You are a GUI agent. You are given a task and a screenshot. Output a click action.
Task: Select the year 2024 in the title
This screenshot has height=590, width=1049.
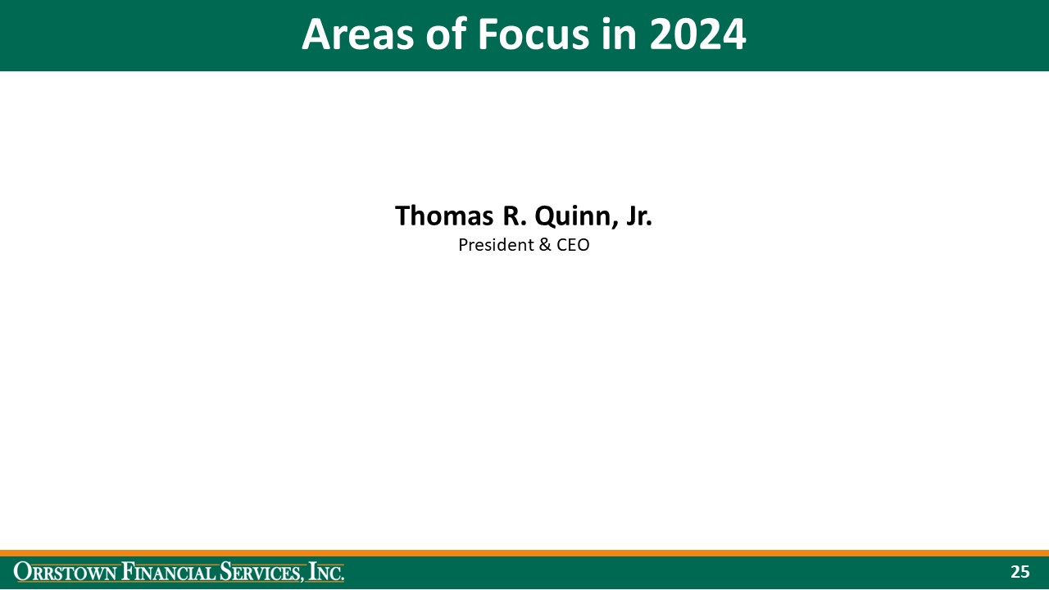[x=697, y=35]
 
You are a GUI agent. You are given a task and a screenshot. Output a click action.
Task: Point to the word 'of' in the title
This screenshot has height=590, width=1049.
[x=442, y=35]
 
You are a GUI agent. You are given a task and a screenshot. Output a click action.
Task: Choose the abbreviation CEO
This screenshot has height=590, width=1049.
[x=572, y=245]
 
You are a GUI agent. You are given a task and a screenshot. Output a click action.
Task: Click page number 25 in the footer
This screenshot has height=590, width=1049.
[x=1019, y=572]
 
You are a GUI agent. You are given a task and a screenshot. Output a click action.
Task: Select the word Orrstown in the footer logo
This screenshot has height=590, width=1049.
[x=66, y=572]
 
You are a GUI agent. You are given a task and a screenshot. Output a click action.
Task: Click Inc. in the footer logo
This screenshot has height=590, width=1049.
[x=326, y=572]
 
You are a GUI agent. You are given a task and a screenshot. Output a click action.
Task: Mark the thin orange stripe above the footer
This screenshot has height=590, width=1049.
[x=524, y=553]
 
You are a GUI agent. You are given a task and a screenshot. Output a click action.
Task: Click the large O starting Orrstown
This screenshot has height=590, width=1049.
[x=21, y=572]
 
